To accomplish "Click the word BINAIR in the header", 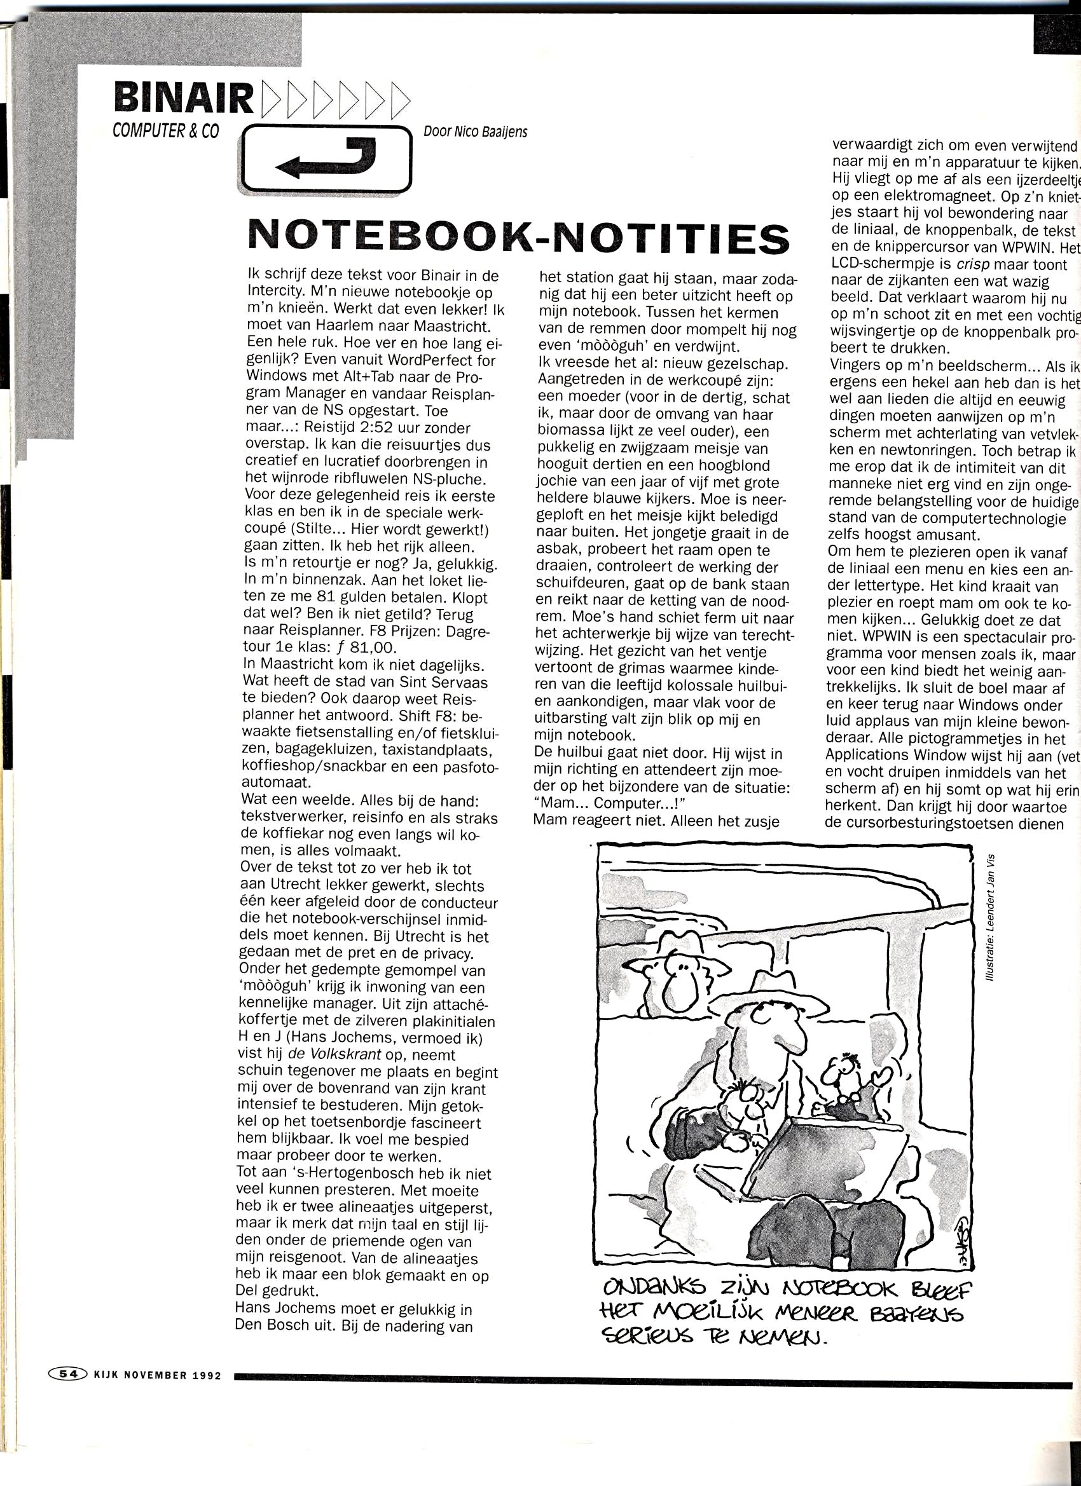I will tap(183, 98).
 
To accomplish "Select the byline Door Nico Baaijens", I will tap(475, 132).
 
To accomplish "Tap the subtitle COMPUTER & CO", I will tap(165, 131).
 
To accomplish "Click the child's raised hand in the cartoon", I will tap(878, 1080).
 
